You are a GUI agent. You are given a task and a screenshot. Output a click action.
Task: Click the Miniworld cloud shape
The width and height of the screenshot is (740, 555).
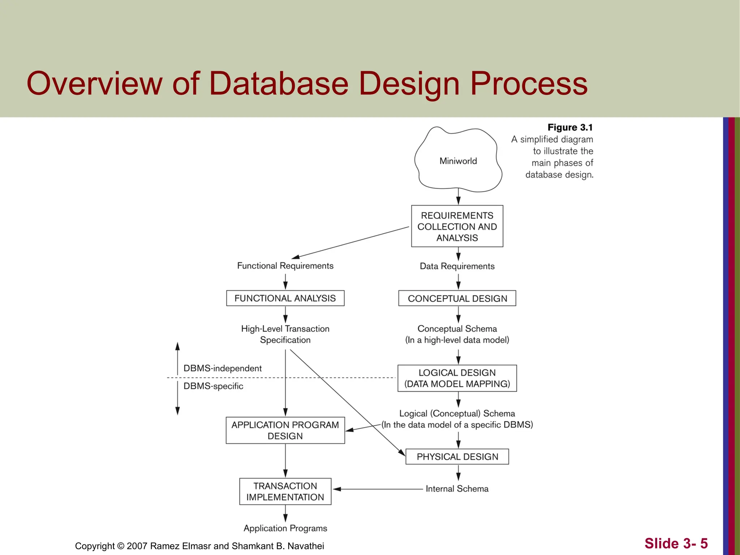click(x=458, y=161)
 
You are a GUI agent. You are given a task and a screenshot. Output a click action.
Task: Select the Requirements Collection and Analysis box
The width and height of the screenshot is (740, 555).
click(x=457, y=227)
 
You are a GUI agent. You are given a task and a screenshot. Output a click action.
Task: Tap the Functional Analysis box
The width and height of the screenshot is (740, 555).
click(x=285, y=298)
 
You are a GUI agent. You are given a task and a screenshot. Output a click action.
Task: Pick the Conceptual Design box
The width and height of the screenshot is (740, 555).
click(x=457, y=298)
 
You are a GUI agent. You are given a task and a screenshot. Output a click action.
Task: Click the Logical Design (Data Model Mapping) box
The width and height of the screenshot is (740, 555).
click(x=457, y=378)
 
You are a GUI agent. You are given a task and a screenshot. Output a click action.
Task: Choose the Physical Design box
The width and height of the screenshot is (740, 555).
click(x=457, y=457)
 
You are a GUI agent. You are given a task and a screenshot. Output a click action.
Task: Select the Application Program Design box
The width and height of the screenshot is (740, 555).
click(x=285, y=430)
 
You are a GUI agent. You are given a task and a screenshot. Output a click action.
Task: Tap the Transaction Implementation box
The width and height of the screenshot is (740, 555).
click(x=285, y=491)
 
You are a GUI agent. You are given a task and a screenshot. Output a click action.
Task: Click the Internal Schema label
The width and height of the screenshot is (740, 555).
click(x=457, y=489)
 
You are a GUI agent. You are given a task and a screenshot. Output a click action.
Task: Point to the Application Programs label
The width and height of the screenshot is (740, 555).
click(x=285, y=528)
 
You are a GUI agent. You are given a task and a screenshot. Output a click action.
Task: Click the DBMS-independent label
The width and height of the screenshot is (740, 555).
click(x=222, y=368)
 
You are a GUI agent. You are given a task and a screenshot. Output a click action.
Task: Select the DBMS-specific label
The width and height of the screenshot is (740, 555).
click(x=213, y=386)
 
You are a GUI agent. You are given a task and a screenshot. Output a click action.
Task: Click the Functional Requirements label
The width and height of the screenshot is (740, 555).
click(x=285, y=266)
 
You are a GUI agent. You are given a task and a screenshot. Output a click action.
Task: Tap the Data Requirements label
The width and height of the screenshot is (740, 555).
click(x=457, y=266)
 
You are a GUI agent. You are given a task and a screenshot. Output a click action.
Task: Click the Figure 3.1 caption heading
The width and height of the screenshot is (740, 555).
click(x=570, y=128)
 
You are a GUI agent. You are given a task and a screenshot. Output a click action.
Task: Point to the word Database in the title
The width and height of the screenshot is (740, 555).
click(x=279, y=83)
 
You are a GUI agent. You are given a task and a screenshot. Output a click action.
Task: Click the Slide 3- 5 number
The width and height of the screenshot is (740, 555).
click(x=676, y=543)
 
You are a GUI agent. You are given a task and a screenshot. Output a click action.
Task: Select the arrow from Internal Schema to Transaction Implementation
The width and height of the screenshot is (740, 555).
click(x=378, y=489)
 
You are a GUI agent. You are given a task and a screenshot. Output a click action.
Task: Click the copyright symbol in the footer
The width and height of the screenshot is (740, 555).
click(x=121, y=546)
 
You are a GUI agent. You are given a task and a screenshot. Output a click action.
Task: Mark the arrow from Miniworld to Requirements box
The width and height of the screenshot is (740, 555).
click(x=458, y=197)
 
